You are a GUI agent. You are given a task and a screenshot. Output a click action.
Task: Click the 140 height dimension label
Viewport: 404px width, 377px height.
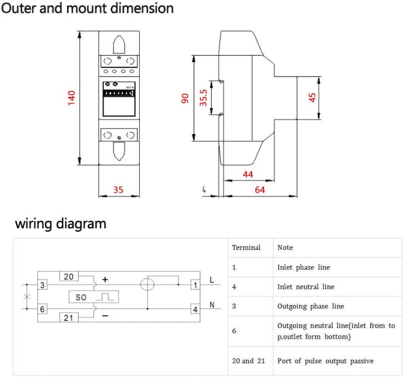coord(72,98)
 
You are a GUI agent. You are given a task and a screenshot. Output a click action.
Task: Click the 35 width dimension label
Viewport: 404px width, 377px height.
coord(118,190)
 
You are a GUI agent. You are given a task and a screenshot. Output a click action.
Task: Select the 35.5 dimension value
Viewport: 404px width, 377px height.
coord(204,97)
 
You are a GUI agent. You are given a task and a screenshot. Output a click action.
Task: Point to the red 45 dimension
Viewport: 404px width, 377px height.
coord(312,97)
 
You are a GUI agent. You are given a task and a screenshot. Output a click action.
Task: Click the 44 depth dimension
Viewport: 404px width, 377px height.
coord(248,175)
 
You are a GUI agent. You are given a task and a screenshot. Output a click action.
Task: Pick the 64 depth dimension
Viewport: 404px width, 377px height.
coord(260,190)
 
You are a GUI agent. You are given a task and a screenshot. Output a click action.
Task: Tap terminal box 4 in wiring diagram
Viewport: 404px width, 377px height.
coord(195,309)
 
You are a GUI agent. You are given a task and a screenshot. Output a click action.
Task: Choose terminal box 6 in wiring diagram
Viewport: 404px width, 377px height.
coord(43,309)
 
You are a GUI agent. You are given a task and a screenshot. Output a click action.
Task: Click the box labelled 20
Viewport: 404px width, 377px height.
coord(69,277)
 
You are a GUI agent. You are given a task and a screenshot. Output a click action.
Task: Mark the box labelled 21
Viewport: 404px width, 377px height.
coord(69,318)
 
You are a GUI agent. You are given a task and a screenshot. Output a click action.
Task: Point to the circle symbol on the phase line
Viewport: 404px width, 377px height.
coord(147,285)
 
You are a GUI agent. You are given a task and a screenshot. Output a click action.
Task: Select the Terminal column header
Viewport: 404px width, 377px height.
coord(246,247)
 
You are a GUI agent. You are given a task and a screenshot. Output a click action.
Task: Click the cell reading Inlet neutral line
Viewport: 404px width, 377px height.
coord(306,287)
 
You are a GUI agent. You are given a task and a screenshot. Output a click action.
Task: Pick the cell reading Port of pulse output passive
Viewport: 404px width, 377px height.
coord(325,361)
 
